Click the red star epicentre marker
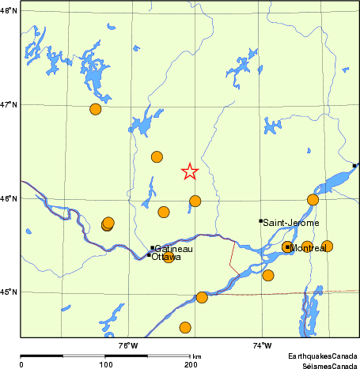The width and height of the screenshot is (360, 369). pos(189,171)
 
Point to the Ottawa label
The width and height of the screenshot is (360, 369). pos(166,257)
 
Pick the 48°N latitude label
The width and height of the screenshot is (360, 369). pos(9,10)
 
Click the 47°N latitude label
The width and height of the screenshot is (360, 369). pos(9,104)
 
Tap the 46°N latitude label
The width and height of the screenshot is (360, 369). pos(9,198)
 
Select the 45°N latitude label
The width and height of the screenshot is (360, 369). pos(9,292)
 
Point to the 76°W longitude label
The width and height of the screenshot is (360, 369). pos(127,345)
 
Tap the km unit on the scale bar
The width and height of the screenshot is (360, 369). pos(196,357)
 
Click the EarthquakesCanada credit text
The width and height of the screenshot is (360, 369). pos(322,357)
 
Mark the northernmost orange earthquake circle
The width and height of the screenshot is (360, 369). pos(96,109)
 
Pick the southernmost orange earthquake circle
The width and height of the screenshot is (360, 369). pos(185,327)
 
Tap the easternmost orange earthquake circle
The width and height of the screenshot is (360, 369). pos(327,246)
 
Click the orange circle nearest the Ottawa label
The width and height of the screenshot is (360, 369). pos(168,258)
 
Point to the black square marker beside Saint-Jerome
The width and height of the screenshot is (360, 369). pos(260,221)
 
